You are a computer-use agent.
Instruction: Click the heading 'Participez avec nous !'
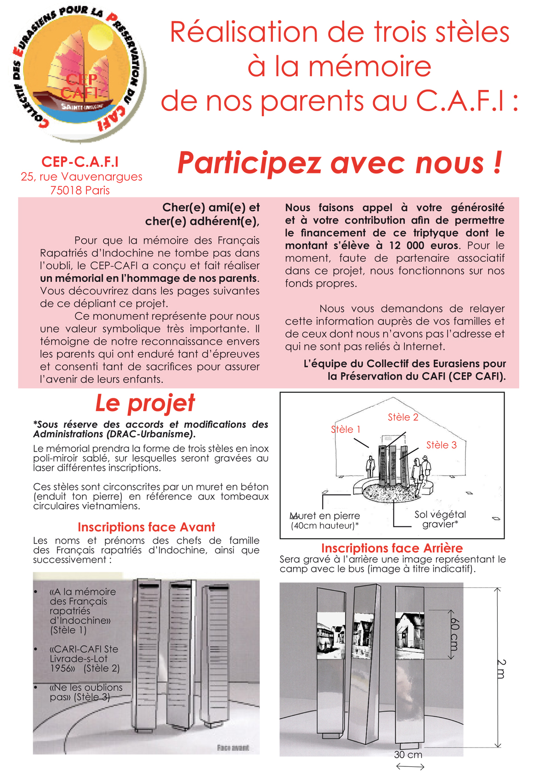point(340,163)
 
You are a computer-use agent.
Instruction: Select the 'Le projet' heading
point(145,403)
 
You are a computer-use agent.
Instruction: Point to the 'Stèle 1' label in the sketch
point(346,429)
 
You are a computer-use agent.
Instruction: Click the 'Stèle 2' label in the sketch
point(403,417)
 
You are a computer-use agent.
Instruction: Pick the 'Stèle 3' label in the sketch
point(441,445)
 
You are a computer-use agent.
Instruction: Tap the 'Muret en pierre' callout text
point(325,516)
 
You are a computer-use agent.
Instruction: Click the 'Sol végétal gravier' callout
point(440,519)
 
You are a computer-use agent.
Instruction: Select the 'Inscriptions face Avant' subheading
point(146,527)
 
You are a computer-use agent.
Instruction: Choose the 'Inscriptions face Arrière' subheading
point(392,548)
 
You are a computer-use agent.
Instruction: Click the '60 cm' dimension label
point(454,634)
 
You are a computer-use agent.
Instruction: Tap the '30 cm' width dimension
point(408,754)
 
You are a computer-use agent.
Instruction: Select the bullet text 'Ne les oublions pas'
point(85,692)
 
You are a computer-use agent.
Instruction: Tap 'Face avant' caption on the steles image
point(233,748)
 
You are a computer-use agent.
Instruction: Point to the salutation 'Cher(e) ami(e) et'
point(211,207)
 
